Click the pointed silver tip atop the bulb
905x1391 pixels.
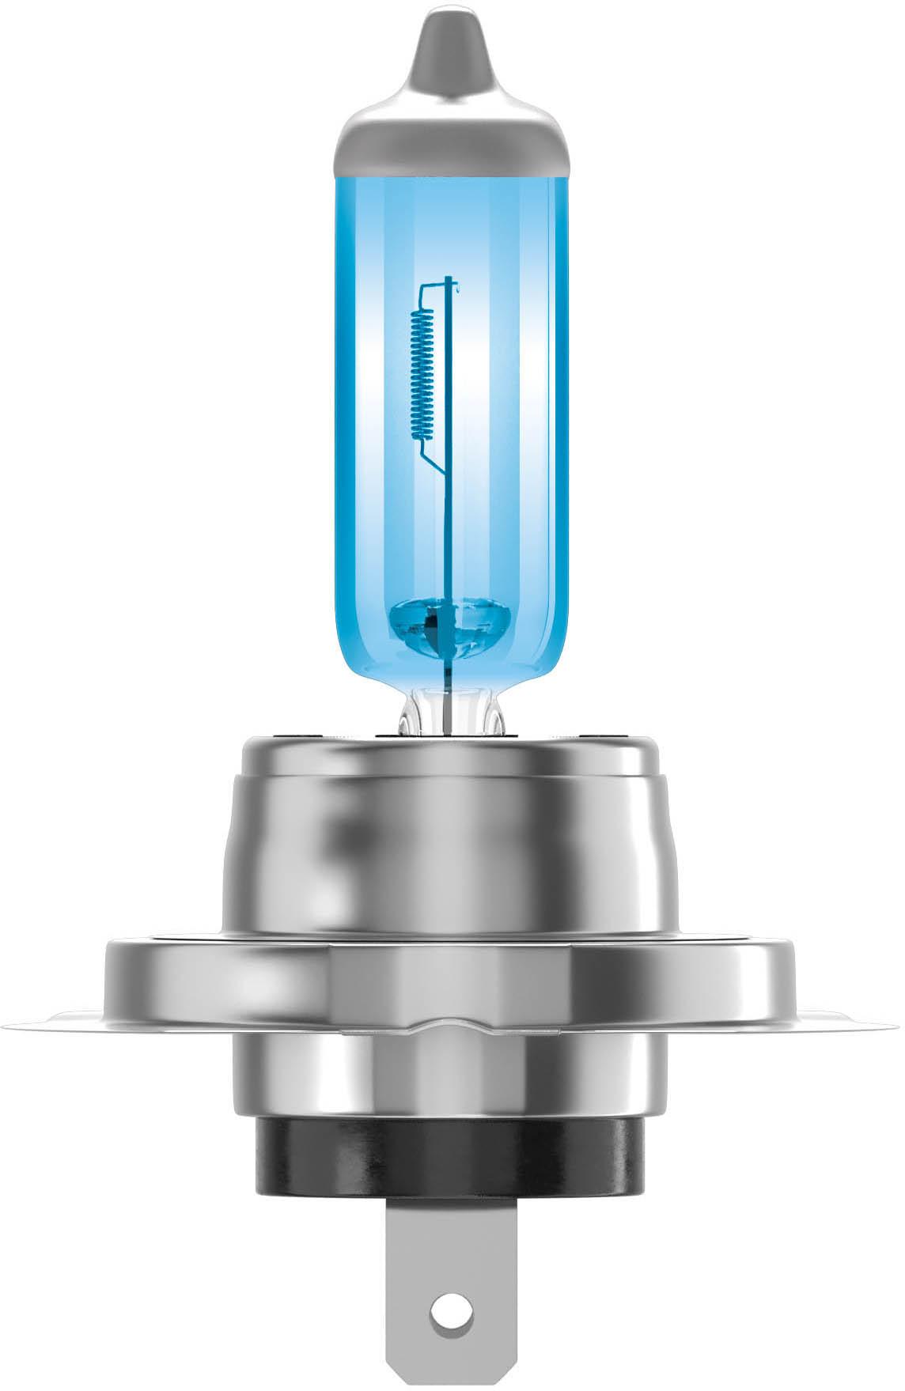click(452, 47)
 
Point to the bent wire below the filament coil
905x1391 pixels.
click(434, 459)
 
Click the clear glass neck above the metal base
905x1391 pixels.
click(451, 708)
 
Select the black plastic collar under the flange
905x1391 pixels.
click(452, 1139)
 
